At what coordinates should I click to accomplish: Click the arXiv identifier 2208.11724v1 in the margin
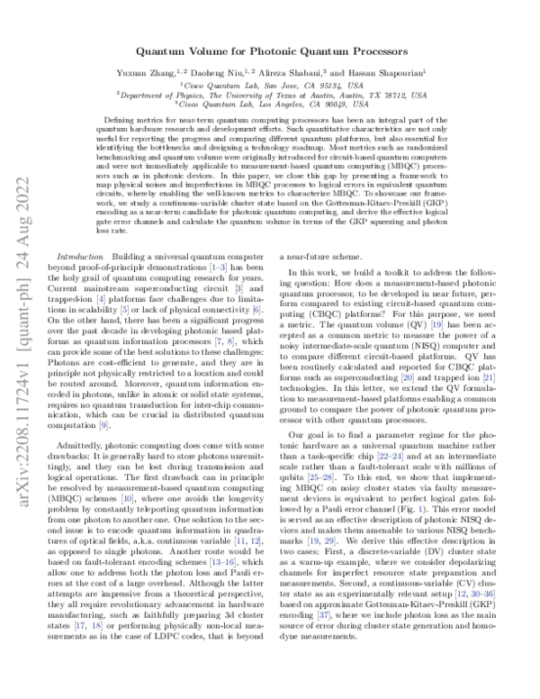coord(27,468)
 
